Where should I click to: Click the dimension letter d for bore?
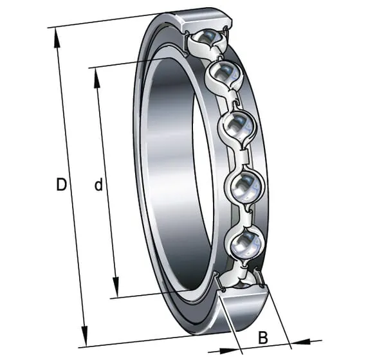click(98, 184)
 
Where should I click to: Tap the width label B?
click(263, 337)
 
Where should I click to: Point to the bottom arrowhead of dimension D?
click(85, 336)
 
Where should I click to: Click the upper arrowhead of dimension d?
click(96, 78)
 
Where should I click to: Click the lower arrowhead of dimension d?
click(116, 287)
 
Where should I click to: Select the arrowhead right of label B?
click(301, 342)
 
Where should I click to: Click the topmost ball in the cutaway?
click(208, 38)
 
